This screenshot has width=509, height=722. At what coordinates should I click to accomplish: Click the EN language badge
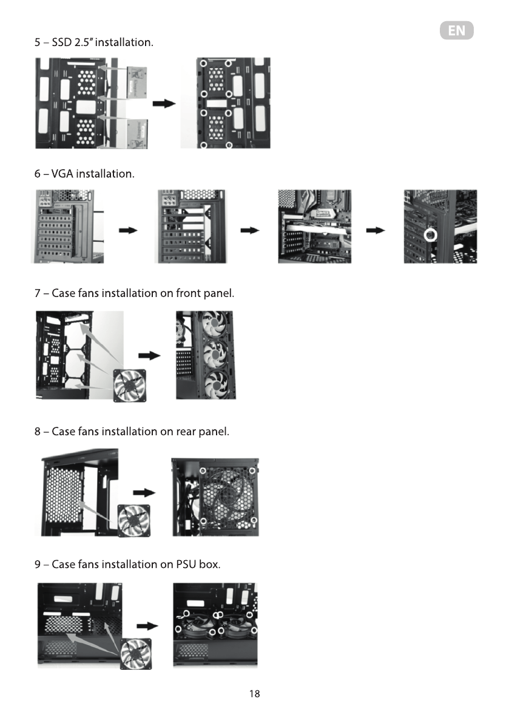tap(456, 31)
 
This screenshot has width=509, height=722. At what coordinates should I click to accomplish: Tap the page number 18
tap(255, 694)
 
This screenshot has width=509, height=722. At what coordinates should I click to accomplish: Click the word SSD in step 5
tap(62, 42)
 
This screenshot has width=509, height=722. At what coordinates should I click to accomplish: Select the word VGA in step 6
tap(62, 174)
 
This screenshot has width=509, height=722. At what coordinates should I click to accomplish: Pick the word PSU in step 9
tap(187, 564)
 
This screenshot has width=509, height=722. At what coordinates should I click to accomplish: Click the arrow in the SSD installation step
tap(164, 104)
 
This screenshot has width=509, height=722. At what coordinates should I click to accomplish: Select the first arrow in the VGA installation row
tap(128, 230)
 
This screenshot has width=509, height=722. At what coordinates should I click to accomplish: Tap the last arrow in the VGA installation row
tap(376, 230)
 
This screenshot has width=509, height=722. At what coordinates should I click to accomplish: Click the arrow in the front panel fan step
tap(149, 355)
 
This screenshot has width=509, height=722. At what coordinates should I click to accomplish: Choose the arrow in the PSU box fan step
tap(147, 626)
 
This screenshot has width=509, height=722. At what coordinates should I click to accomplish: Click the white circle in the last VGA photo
tap(432, 235)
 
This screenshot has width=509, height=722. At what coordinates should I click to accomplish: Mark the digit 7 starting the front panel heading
tap(38, 293)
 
